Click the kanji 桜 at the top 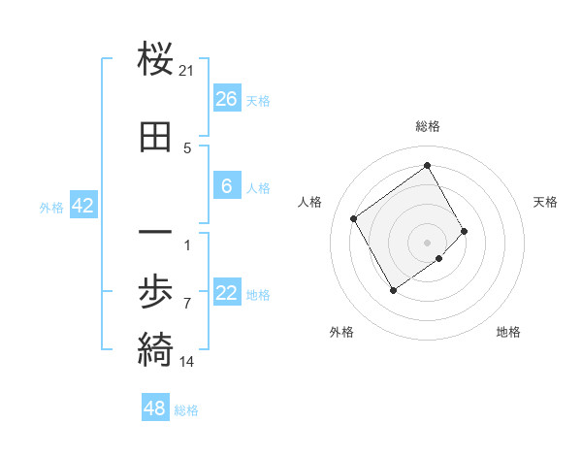(156, 61)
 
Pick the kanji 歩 (156, 292)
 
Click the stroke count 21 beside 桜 (187, 71)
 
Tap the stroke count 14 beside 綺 (187, 362)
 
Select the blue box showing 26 (226, 98)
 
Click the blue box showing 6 (226, 186)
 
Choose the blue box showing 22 (226, 293)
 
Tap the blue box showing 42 (82, 205)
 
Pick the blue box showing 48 (155, 408)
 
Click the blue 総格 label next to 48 (186, 410)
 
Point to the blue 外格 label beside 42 (51, 207)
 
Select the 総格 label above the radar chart (428, 126)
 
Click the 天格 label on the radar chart (545, 202)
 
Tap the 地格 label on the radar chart (508, 332)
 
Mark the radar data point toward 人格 (354, 218)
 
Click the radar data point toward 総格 (428, 165)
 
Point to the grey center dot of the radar (428, 241)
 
